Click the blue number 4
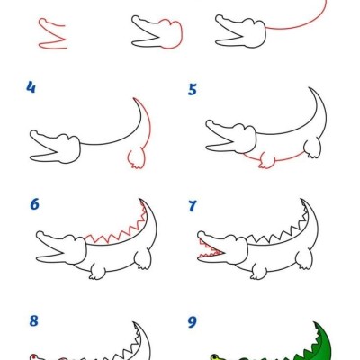(x=31, y=87)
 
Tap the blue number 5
(x=193, y=89)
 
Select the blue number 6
(x=34, y=204)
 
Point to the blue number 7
(x=193, y=206)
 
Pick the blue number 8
(x=33, y=320)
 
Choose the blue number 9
(x=192, y=322)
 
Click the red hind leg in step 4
(x=137, y=158)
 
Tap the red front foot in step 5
(x=266, y=160)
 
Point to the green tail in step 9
(x=322, y=342)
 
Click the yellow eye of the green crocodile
(x=215, y=357)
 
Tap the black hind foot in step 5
(x=312, y=148)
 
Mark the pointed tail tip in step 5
(x=310, y=88)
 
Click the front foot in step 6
(x=97, y=272)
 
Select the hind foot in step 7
(x=304, y=258)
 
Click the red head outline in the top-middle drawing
(x=172, y=32)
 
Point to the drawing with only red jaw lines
(x=52, y=33)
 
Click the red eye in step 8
(x=33, y=356)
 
